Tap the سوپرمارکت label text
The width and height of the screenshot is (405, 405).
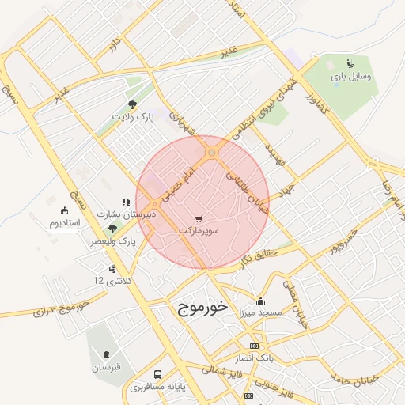[x=199, y=230]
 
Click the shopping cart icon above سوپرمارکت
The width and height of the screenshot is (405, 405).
[x=198, y=218]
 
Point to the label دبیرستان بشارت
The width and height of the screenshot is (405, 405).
[x=127, y=214]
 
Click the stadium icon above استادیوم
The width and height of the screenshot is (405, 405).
[x=64, y=210]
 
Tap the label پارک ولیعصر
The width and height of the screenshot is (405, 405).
[x=112, y=240]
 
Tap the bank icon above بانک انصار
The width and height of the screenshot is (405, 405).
[x=254, y=346]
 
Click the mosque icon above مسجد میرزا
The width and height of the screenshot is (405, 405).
[x=261, y=301]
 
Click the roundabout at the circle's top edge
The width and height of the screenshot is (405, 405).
[x=211, y=153]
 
